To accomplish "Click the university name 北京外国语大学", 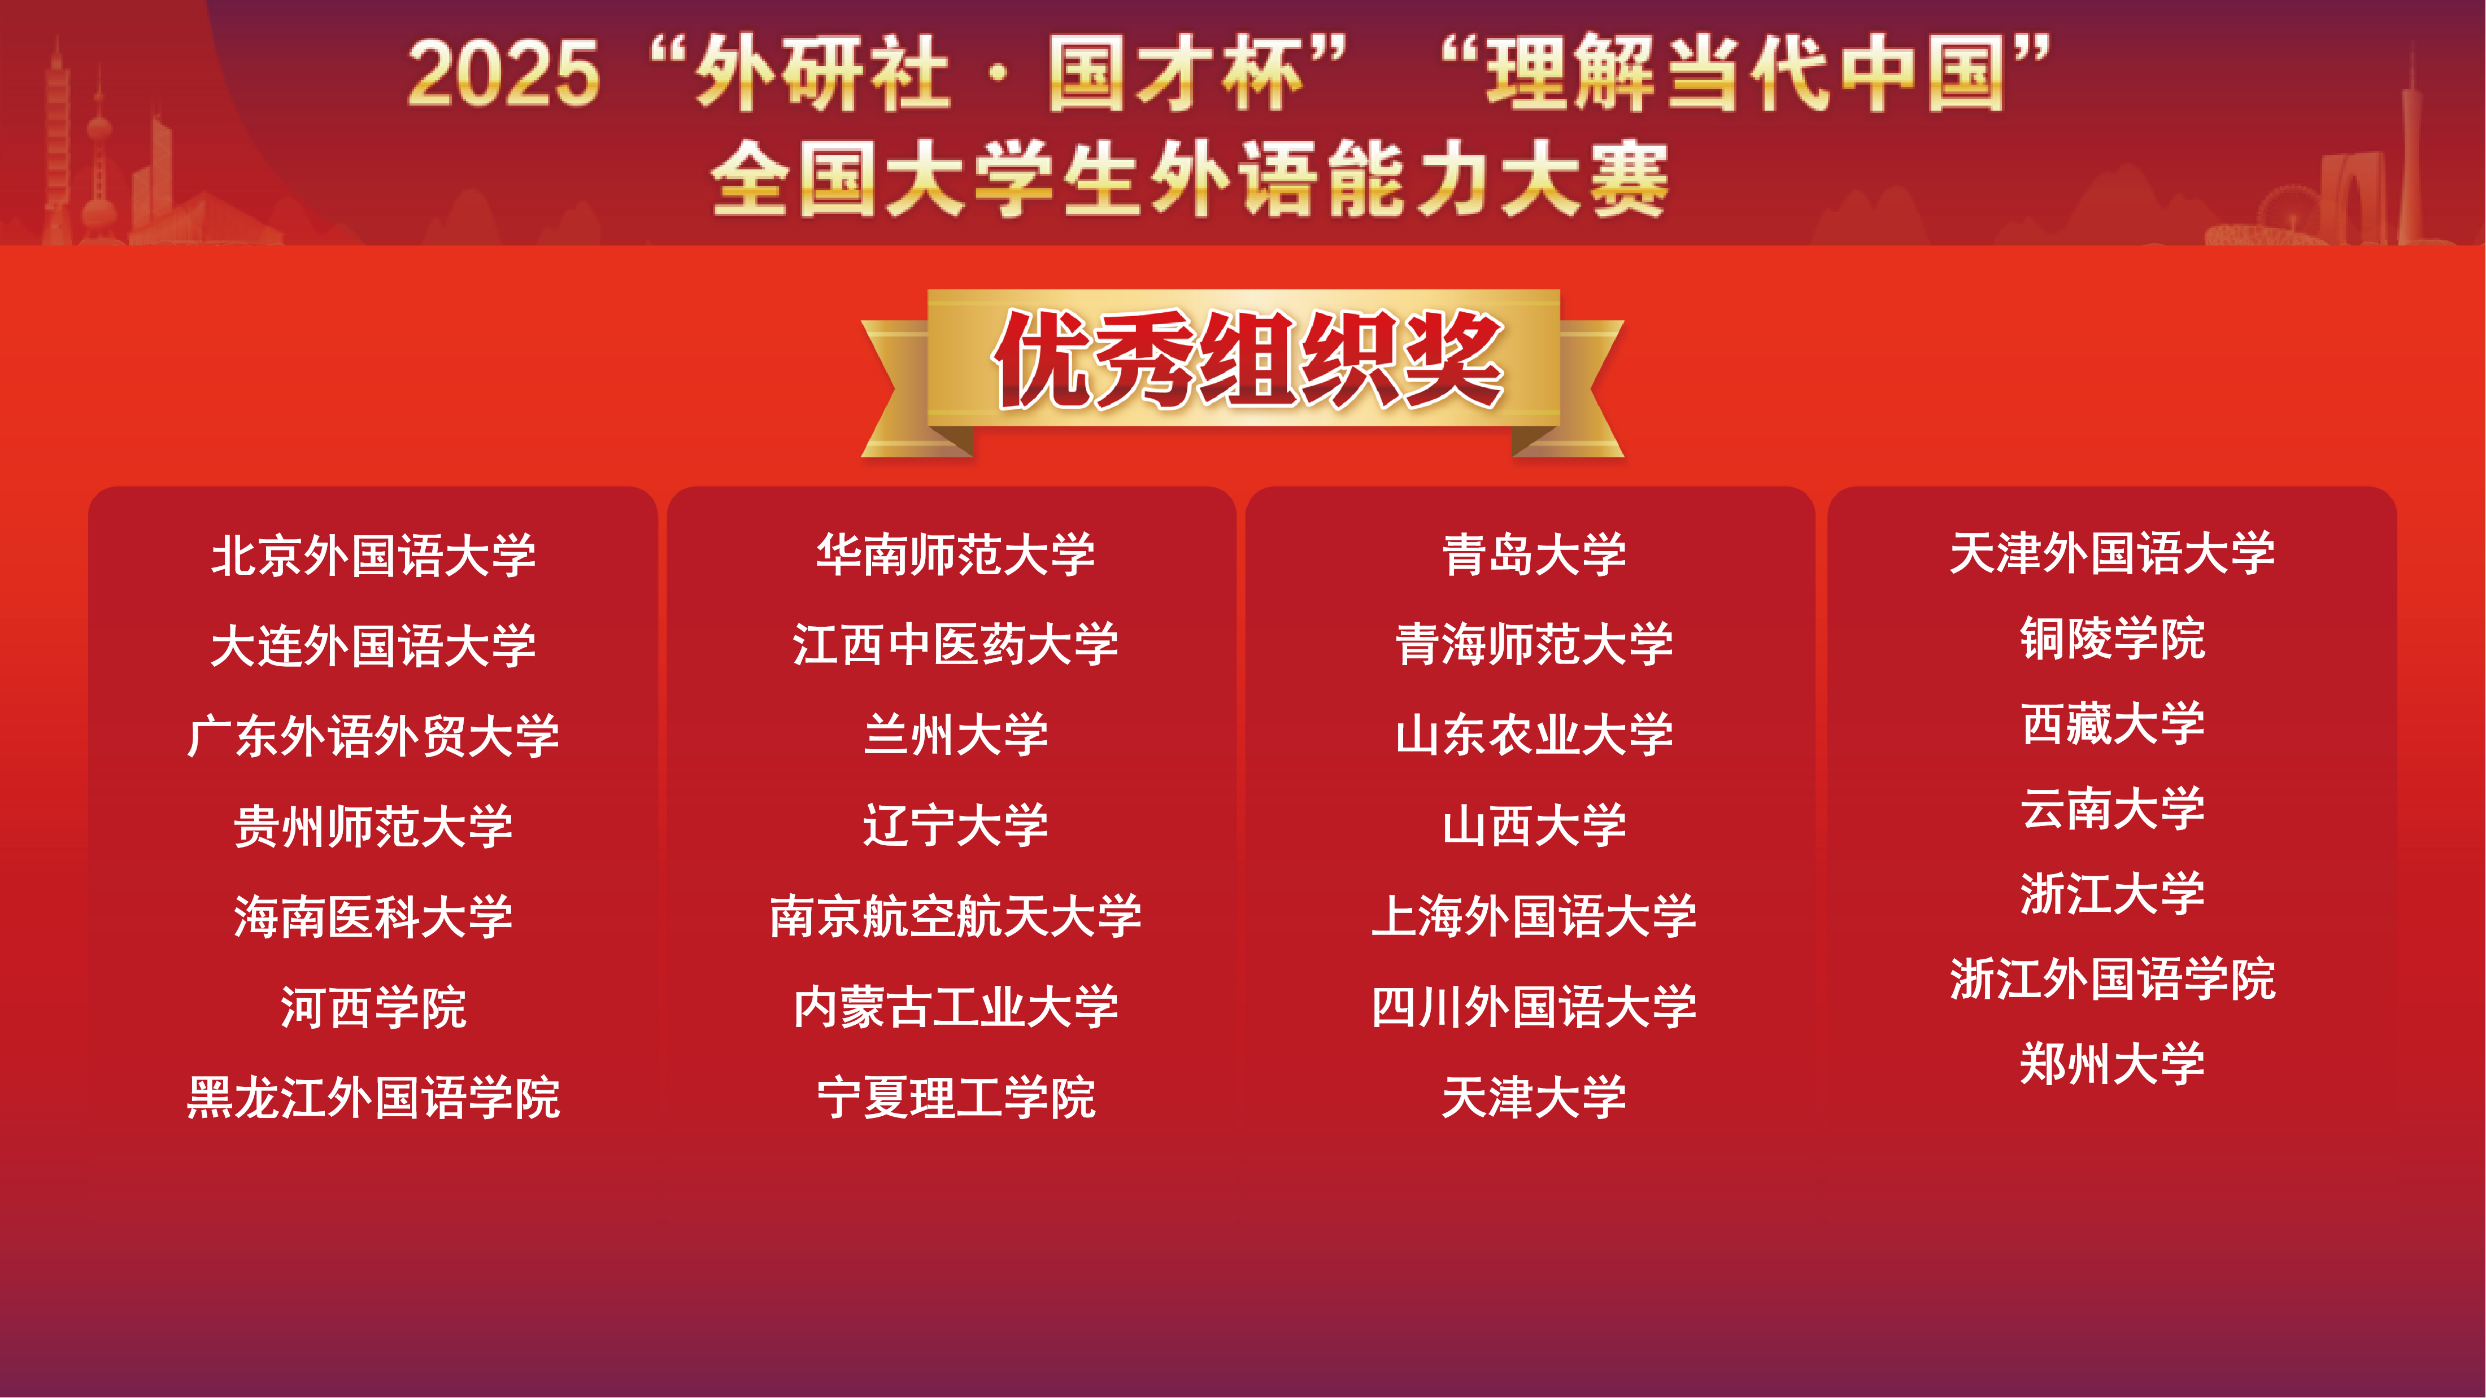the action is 373,556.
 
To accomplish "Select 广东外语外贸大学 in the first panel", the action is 373,736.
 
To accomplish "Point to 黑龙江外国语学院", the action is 373,1098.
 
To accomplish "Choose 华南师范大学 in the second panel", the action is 955,555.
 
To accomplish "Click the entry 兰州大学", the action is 955,735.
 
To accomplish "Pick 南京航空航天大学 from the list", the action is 955,916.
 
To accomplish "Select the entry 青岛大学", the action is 1534,555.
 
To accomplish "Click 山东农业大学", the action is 1534,735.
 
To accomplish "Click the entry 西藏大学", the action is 2113,724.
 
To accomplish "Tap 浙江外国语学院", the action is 2113,979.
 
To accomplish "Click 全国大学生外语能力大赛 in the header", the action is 1190,180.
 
